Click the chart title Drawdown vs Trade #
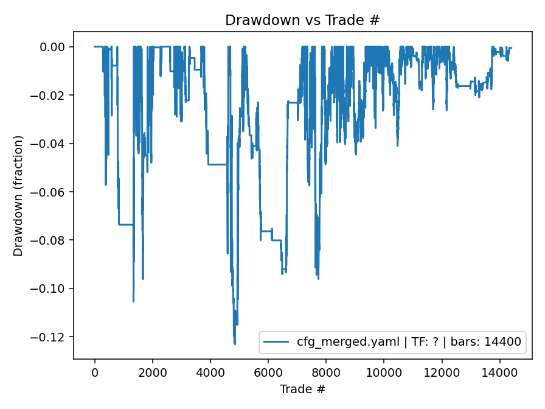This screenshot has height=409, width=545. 302,20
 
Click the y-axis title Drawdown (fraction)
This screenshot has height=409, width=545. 18,195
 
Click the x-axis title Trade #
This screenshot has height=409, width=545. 302,389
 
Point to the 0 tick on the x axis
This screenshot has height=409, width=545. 95,371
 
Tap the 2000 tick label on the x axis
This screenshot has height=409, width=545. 153,371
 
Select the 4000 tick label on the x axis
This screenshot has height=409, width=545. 210,371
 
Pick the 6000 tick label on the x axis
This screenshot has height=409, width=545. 268,371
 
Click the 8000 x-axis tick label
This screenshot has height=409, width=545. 326,371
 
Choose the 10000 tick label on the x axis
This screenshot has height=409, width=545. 384,371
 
